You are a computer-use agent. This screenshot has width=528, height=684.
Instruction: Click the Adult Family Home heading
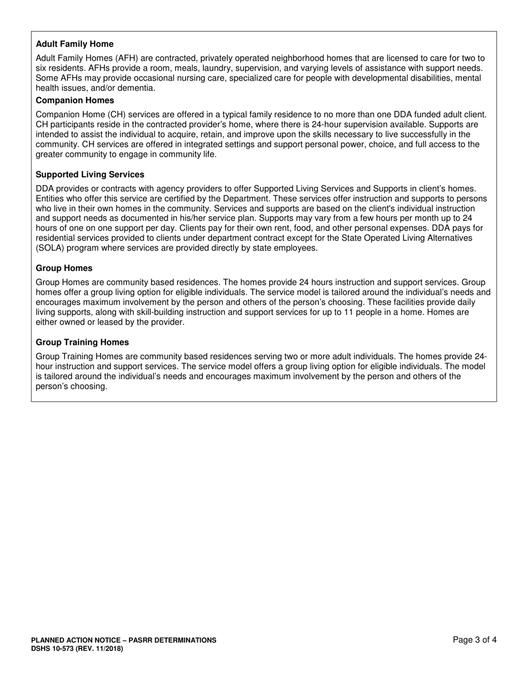tap(74, 44)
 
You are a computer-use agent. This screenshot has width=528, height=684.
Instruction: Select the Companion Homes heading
tap(74, 100)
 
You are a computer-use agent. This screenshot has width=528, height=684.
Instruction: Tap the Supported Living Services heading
tap(89, 175)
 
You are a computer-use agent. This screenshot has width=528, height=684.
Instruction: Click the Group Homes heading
tap(64, 268)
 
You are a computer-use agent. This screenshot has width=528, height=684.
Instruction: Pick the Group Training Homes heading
tap(82, 342)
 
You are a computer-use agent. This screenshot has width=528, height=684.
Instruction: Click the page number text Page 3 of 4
tap(475, 640)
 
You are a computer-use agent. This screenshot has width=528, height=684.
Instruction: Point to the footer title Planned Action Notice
tap(123, 640)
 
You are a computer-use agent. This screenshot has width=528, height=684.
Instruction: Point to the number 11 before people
tap(347, 312)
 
